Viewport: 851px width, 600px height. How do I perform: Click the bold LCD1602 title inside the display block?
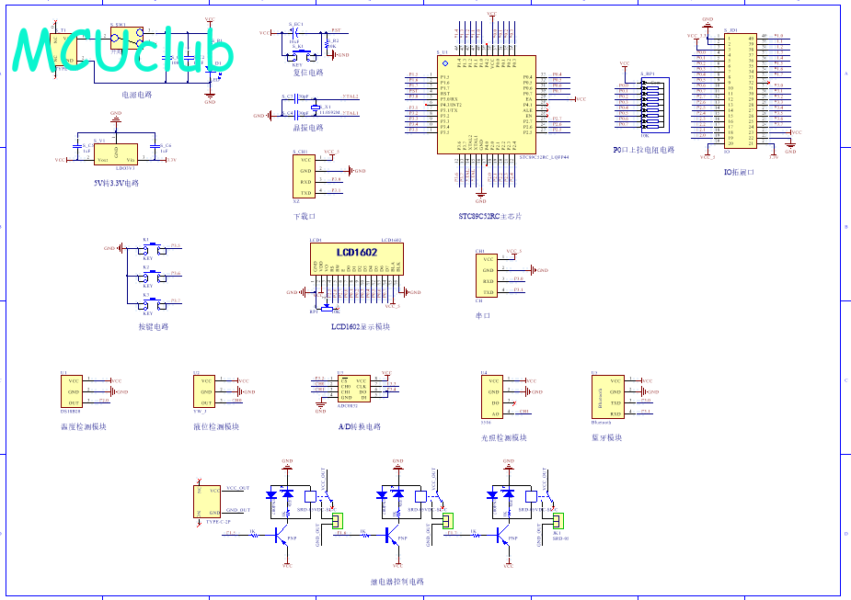356,253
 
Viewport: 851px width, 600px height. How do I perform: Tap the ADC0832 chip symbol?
351,389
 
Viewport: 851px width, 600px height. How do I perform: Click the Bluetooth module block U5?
606,396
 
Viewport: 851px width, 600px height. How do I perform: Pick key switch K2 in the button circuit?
147,275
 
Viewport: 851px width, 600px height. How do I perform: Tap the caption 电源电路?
137,94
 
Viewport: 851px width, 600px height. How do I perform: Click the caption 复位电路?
302,73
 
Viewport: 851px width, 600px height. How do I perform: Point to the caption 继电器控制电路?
397,582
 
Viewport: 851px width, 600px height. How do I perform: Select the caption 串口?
483,315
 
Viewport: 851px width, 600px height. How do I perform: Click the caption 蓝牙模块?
607,437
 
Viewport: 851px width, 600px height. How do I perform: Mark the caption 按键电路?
154,326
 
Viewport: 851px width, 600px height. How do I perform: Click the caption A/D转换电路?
360,426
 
